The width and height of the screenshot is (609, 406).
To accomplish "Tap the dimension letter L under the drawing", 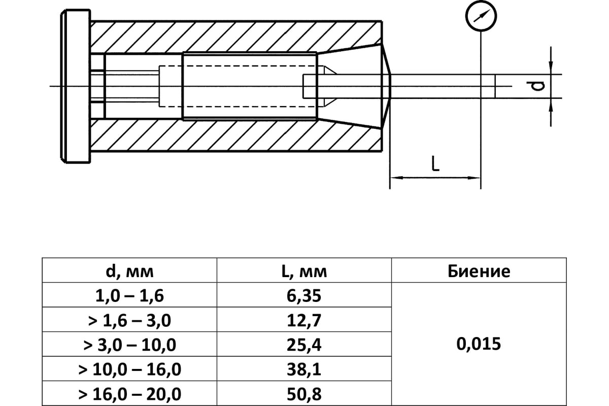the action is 435,163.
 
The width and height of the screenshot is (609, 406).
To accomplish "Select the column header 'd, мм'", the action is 129,272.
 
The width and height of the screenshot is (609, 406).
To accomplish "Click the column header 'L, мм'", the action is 304,272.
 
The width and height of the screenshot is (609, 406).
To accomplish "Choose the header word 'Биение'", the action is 479,272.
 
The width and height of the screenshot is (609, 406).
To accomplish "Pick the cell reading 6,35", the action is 304,296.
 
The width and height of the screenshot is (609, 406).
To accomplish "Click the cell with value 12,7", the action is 304,320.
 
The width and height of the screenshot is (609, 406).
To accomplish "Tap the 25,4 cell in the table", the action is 304,345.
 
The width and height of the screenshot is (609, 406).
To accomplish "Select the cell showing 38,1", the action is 304,369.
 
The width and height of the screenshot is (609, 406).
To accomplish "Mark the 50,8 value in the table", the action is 304,394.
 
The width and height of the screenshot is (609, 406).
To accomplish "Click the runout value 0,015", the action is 479,344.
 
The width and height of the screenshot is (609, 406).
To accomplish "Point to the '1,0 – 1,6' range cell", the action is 129,296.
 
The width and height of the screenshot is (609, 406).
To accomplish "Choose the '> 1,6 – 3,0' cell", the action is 129,320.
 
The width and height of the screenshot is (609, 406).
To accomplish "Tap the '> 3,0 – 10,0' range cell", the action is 129,345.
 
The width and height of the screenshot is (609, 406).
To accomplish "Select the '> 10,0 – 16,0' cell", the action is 129,369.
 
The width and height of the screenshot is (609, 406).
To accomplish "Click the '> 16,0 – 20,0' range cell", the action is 129,394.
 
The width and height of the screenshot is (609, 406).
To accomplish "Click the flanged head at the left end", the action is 75,86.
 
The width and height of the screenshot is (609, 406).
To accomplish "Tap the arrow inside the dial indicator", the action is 481,16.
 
